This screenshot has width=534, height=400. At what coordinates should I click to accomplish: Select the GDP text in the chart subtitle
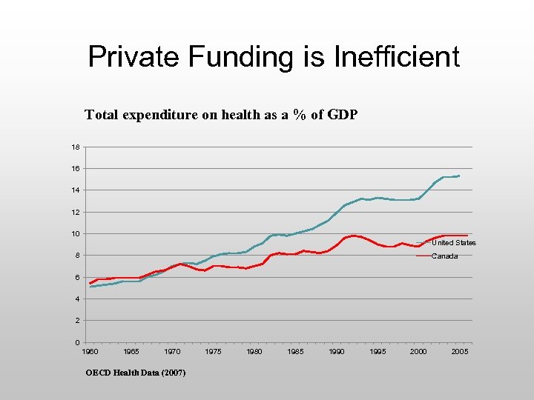(343, 115)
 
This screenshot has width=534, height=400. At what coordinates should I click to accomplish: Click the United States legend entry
(453, 243)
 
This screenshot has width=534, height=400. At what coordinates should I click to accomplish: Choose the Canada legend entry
(445, 256)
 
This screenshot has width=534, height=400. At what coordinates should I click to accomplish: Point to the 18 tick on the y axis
(75, 147)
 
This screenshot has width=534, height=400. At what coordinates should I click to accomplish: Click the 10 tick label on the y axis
(75, 234)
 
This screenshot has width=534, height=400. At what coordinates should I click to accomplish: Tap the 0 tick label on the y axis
(77, 342)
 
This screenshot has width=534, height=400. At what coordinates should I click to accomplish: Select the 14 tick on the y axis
(75, 190)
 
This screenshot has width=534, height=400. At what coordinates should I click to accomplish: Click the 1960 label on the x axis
(90, 352)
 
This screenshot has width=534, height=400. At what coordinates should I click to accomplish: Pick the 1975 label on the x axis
(213, 352)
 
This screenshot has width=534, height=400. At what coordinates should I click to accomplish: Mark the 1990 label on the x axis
(337, 352)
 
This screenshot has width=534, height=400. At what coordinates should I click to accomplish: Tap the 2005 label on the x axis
(460, 352)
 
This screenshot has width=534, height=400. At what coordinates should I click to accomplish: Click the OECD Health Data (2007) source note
(136, 372)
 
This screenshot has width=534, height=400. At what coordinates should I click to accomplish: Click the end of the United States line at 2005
(460, 176)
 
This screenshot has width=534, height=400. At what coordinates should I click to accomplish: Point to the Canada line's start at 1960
(90, 283)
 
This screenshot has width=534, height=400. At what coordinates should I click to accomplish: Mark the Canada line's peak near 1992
(355, 236)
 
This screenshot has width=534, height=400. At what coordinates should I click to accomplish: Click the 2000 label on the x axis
(419, 352)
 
